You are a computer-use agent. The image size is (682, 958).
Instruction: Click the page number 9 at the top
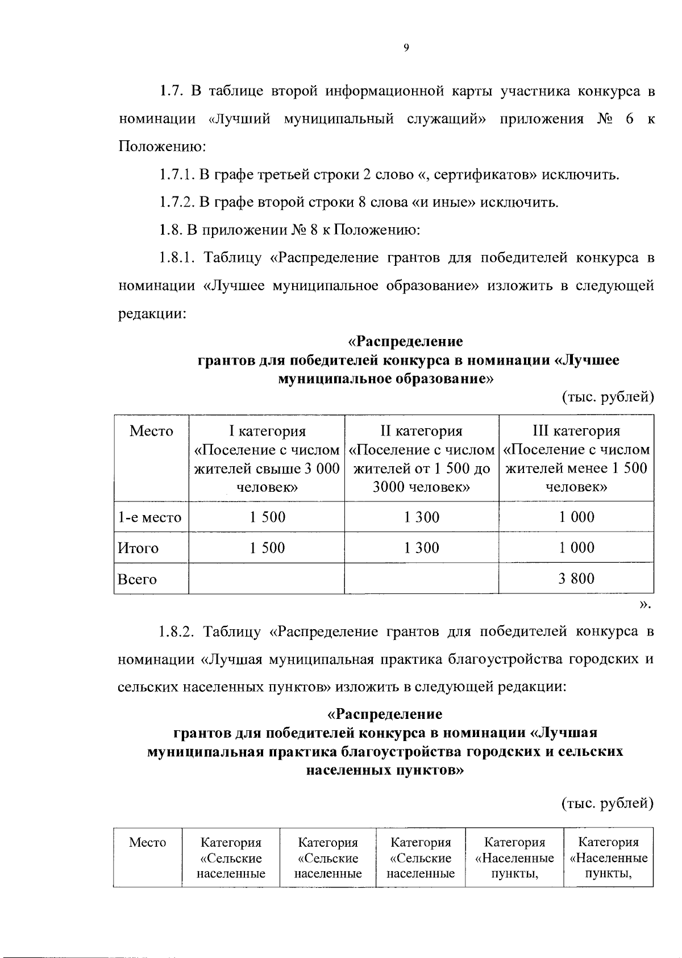[x=405, y=48]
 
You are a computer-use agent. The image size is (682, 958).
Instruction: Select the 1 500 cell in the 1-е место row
[x=267, y=517]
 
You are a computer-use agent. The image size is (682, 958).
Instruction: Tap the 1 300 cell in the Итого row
[x=421, y=547]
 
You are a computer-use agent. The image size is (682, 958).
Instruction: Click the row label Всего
[x=136, y=579]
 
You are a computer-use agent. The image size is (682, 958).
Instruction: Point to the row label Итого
[x=138, y=548]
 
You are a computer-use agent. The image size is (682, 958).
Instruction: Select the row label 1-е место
[x=149, y=517]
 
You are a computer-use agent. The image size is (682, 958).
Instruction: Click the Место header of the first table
[x=151, y=431]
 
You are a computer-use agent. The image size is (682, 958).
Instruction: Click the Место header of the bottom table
[x=147, y=842]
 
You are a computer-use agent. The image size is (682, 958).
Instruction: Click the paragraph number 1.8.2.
[x=177, y=631]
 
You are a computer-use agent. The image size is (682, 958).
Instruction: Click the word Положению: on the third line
[x=162, y=147]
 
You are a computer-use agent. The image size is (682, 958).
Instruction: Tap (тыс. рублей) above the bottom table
[x=608, y=803]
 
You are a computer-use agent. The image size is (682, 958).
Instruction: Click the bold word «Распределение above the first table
[x=405, y=342]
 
